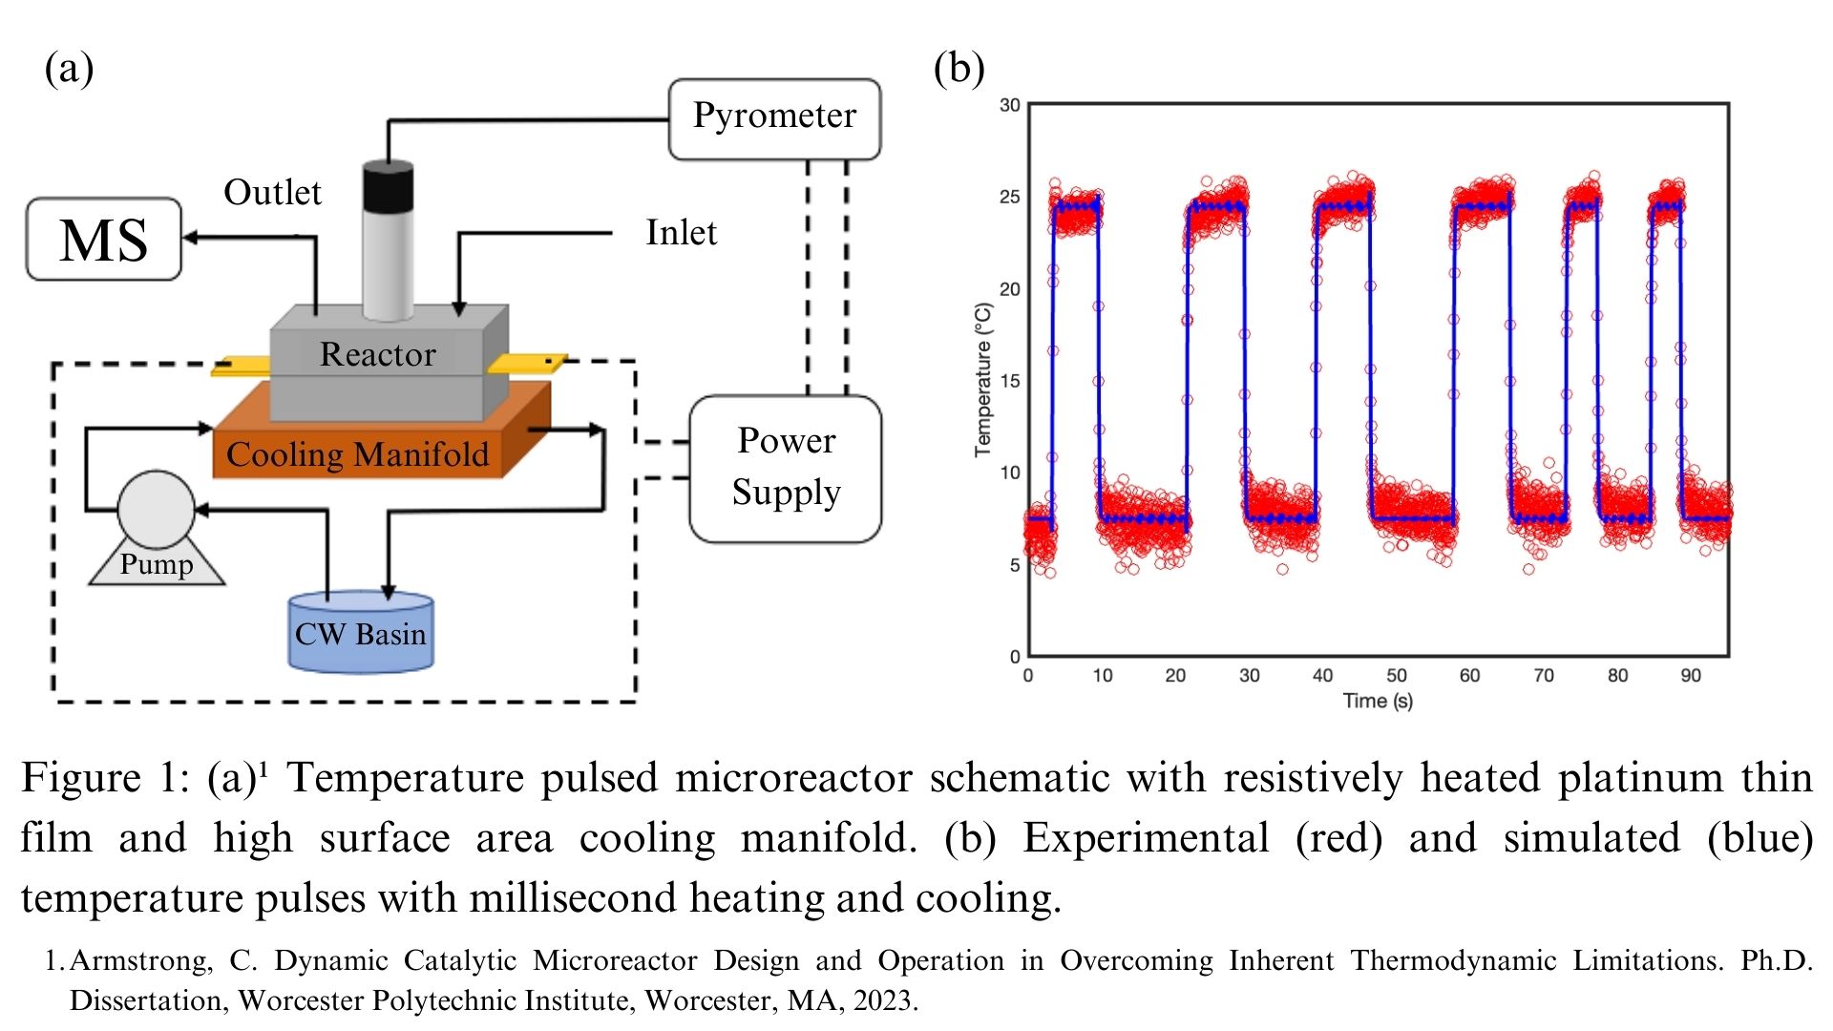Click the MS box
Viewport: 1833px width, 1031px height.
[103, 240]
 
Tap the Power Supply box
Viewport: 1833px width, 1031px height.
[785, 468]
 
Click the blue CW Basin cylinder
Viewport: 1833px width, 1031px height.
[361, 633]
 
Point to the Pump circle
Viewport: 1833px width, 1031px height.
[156, 509]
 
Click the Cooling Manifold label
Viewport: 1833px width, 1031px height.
[357, 454]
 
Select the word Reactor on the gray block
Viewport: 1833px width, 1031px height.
[377, 354]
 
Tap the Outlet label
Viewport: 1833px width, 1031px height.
[272, 193]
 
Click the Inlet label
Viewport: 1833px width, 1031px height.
[681, 233]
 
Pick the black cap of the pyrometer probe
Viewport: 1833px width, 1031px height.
[389, 186]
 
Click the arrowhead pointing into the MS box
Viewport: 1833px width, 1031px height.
[189, 237]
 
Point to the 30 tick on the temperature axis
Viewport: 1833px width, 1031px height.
[1009, 105]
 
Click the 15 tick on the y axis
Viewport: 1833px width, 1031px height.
[1009, 381]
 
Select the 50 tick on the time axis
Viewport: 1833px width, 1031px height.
[1396, 676]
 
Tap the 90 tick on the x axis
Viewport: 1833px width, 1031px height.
[1691, 676]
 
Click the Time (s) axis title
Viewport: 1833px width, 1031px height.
[1378, 702]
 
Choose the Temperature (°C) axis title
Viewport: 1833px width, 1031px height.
[983, 380]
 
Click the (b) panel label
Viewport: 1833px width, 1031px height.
[959, 69]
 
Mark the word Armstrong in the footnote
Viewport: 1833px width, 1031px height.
[140, 960]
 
